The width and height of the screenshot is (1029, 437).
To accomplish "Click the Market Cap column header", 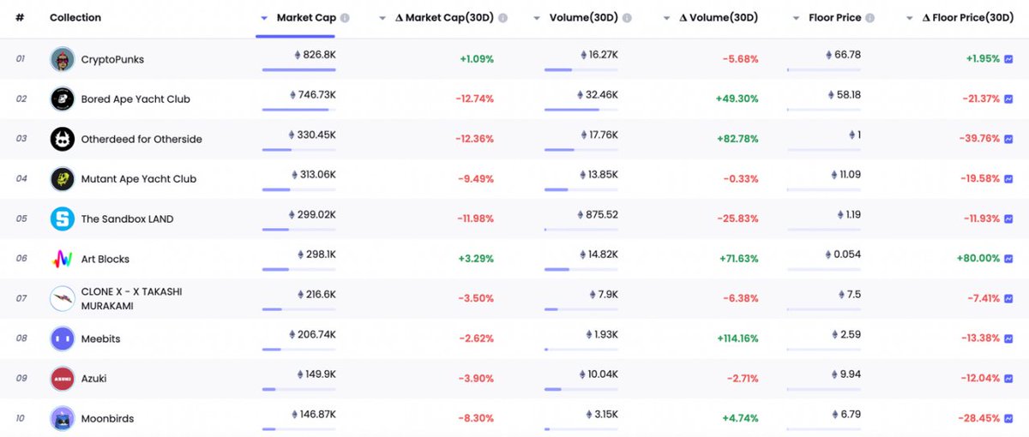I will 306,18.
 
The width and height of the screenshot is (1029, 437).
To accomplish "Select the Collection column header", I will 75,18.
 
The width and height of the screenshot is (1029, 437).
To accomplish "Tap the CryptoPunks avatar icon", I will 62,59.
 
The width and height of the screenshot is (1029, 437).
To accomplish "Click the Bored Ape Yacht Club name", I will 135,99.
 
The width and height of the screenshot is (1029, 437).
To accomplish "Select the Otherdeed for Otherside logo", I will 62,139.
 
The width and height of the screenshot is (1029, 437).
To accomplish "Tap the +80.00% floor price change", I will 978,259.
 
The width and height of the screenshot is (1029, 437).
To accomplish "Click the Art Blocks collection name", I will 105,259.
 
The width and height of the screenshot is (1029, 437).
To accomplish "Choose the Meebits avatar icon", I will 62,338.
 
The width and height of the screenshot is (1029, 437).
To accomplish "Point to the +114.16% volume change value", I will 737,338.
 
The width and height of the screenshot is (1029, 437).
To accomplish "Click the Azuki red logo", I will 62,378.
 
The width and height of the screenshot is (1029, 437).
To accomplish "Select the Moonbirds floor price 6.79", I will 851,415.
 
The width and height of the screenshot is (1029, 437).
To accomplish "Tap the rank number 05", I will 21,218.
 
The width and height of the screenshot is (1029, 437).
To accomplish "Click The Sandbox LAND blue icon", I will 62,218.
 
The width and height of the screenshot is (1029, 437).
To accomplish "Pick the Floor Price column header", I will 835,18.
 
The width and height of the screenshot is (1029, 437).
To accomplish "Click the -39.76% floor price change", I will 978,139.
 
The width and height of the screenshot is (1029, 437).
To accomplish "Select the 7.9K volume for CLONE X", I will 607,295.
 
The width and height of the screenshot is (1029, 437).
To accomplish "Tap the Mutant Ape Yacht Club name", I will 139,179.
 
